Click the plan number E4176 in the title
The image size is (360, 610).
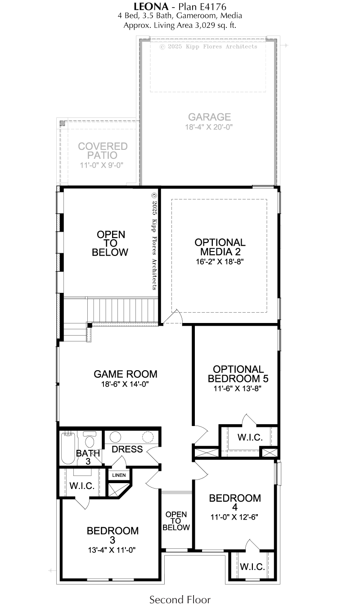[x=213, y=6]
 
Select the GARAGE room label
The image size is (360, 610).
[x=209, y=117]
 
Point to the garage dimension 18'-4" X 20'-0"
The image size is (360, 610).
[x=209, y=127]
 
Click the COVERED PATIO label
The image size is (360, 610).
[x=103, y=151]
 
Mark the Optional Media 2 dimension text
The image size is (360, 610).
[x=220, y=261]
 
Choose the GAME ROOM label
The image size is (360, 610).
[x=126, y=374]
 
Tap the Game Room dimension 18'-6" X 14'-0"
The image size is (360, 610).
[x=125, y=384]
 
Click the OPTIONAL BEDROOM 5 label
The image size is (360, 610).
[x=238, y=374]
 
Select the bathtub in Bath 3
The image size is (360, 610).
[x=68, y=448]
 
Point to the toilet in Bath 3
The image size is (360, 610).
[x=89, y=439]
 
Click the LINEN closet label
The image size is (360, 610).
[x=119, y=475]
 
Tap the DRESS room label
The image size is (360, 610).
[x=127, y=449]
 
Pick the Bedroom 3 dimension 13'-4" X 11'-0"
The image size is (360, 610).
[x=112, y=550]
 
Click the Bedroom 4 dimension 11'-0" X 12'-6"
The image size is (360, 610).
[x=234, y=516]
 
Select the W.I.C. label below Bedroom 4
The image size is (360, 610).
[x=252, y=567]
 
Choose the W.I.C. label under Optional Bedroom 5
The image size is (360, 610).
[x=250, y=437]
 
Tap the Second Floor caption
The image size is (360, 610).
[x=180, y=599]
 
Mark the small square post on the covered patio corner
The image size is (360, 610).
[x=63, y=123]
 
